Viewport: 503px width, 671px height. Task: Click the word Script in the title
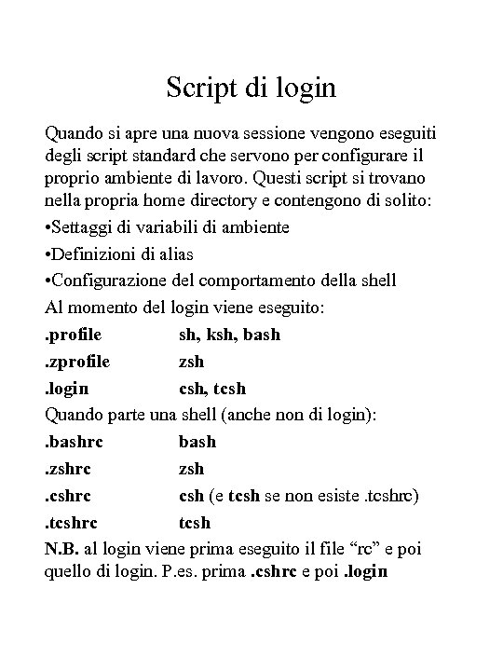click(197, 89)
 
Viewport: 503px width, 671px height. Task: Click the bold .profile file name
click(74, 334)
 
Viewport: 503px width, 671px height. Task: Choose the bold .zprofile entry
click(78, 361)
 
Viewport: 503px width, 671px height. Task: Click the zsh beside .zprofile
click(191, 361)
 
